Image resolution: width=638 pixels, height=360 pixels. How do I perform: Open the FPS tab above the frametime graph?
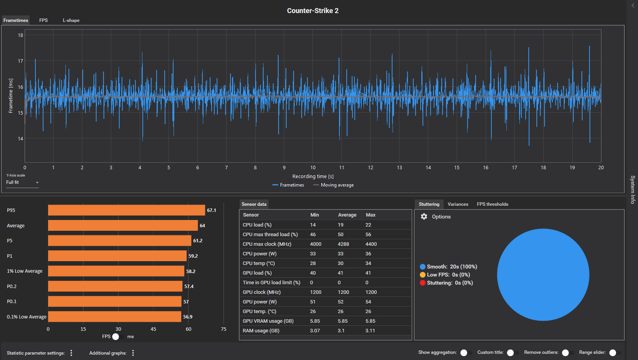(43, 20)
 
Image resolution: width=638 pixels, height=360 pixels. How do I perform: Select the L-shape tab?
(71, 20)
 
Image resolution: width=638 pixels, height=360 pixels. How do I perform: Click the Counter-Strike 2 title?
(312, 10)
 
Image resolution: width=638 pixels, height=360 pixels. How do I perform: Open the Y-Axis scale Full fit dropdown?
(22, 182)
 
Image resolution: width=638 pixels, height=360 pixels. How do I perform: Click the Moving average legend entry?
(333, 185)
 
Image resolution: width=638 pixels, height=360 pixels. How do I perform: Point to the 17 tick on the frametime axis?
(20, 61)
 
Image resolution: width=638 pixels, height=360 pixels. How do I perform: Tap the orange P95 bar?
(127, 210)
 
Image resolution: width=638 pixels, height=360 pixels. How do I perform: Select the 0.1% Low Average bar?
(115, 317)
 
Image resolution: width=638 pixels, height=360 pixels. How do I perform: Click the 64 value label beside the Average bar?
(202, 226)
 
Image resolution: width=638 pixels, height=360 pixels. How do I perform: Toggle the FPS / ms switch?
(118, 337)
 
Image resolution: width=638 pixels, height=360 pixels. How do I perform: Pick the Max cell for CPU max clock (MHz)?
(371, 244)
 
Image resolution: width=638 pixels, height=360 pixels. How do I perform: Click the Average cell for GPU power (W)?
(341, 302)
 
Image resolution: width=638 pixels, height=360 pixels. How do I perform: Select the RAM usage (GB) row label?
(261, 331)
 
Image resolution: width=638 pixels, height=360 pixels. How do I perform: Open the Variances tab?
(458, 204)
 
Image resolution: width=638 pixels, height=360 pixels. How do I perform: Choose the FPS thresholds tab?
(493, 204)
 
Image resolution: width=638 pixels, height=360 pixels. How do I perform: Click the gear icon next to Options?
(424, 217)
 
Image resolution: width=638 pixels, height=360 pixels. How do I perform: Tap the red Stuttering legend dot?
(423, 283)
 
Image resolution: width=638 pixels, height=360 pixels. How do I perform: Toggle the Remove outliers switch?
(568, 353)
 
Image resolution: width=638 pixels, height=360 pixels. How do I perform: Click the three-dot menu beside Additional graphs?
(133, 353)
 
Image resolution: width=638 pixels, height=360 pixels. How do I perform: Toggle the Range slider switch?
(615, 353)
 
